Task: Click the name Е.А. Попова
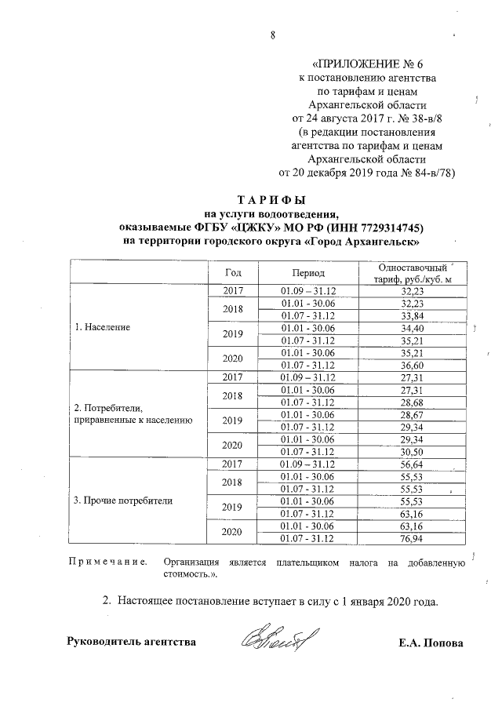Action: point(431,643)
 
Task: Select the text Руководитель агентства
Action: point(132,643)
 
